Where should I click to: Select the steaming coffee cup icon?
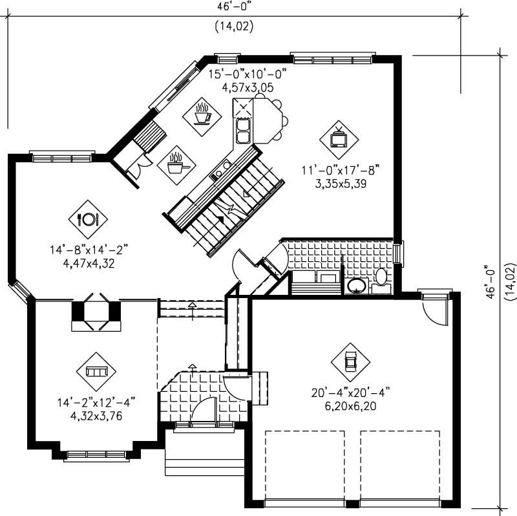point(202,114)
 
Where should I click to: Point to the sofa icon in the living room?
point(96,371)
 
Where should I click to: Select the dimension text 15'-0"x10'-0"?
point(246,74)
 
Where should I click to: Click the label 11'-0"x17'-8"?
point(339,170)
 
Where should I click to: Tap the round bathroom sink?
point(355,285)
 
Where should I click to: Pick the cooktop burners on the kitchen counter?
point(220,169)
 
